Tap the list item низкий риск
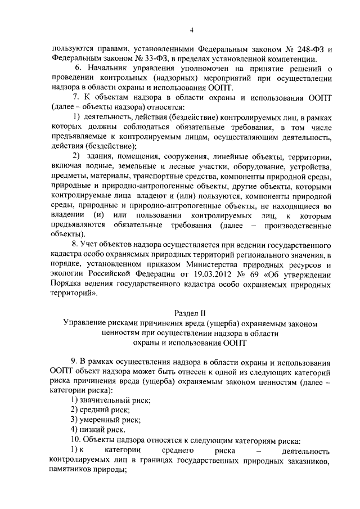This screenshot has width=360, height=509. click(x=100, y=430)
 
